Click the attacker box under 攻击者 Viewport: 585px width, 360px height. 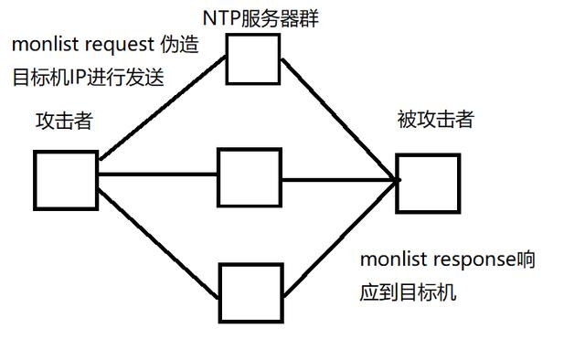coord(66,181)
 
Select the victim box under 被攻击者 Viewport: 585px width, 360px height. coord(427,184)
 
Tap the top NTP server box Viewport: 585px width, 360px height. coord(253,58)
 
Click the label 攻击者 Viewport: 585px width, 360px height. coord(64,121)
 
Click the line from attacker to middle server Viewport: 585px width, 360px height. coord(157,174)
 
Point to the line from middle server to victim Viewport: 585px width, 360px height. coord(338,179)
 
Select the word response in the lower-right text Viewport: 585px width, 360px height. coord(472,259)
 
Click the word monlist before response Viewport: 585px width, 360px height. coord(392,259)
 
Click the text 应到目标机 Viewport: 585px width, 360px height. coord(408,293)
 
